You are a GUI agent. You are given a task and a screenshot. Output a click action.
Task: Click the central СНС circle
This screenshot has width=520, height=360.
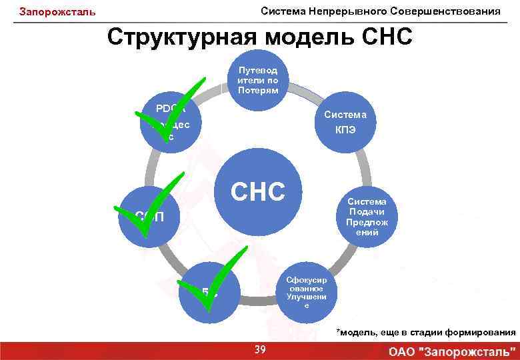pyautogui.click(x=257, y=192)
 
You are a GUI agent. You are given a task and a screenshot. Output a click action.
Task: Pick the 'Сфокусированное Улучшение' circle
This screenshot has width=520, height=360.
pyautogui.click(x=306, y=290)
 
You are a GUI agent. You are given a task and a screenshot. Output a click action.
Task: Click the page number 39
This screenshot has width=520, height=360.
pyautogui.click(x=260, y=349)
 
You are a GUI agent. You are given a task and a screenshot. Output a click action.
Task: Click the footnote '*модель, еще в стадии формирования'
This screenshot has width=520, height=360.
pyautogui.click(x=426, y=331)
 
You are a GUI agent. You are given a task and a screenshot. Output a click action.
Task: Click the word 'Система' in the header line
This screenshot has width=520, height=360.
pyautogui.click(x=281, y=11)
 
